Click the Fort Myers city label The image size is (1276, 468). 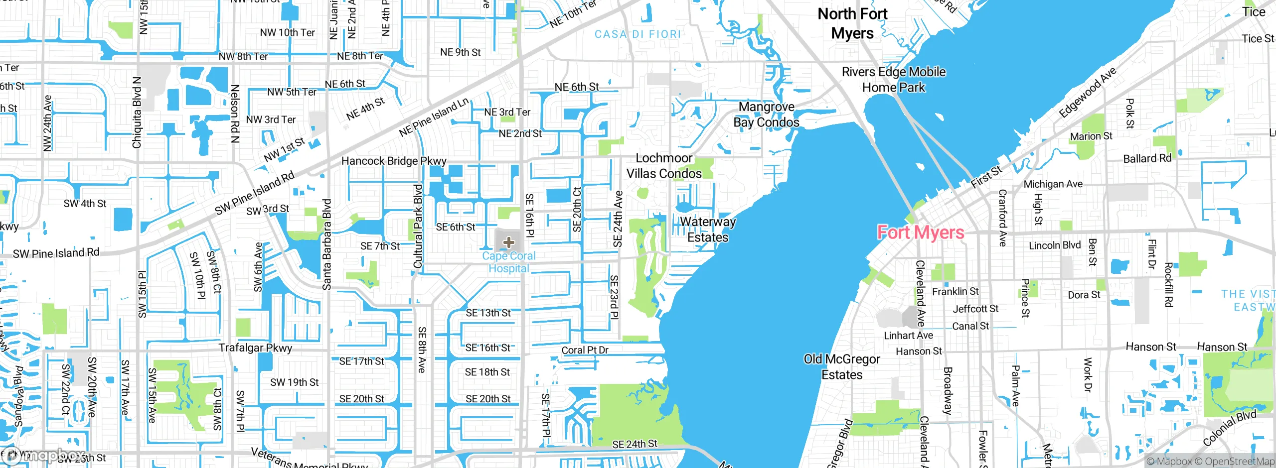pos(920,233)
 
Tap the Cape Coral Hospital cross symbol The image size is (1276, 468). pos(508,242)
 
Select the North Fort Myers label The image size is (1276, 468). pos(852,23)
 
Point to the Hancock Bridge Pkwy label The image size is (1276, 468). pos(394,161)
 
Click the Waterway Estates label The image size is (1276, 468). pos(708,230)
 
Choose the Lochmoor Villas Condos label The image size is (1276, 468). pos(664,166)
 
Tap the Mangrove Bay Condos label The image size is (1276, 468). pos(767,115)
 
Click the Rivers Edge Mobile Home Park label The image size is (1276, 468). pos(894,80)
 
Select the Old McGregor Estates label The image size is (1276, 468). pos(842,367)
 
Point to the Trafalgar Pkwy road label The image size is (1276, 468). pos(255,348)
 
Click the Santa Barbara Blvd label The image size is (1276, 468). pos(327,244)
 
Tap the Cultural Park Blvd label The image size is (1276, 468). pos(418,226)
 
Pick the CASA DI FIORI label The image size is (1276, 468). pos(638,34)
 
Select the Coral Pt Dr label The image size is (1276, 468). pos(585,350)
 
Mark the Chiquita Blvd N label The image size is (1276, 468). pos(137,113)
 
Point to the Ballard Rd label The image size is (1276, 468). pos(1147,158)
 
